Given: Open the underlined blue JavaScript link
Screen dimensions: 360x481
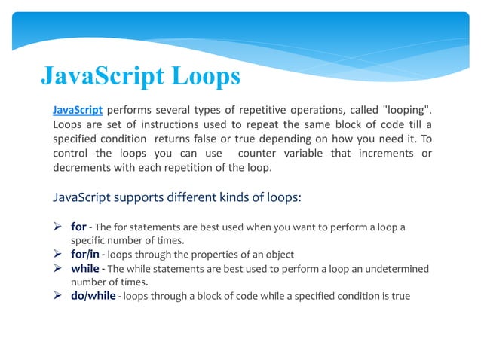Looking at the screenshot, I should click(78, 111).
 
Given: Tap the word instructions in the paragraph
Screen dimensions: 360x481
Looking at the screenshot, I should click(162, 126).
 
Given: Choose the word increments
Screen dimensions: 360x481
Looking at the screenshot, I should click(381, 154).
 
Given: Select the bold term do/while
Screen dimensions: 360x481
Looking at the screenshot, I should click(93, 295).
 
